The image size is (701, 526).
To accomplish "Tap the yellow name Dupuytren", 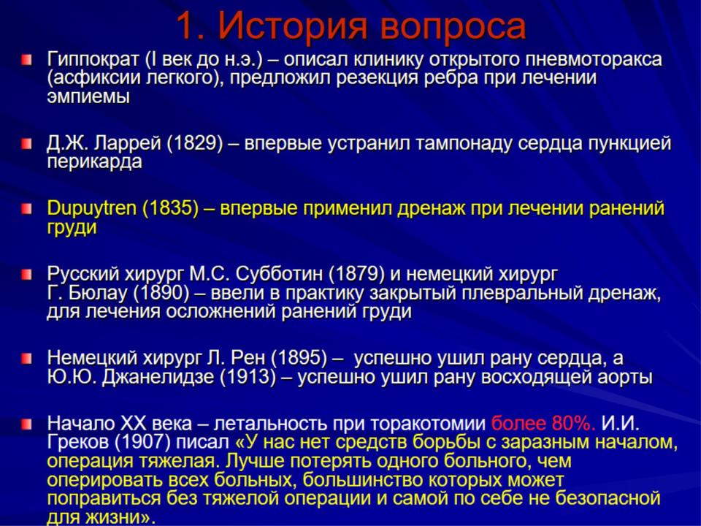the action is (x=92, y=208).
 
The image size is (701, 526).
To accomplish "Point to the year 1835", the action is (x=170, y=208).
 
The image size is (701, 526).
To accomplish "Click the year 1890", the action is (x=162, y=293).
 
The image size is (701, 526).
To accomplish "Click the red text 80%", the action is (x=574, y=423).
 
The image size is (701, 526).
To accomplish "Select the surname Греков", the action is (x=78, y=443).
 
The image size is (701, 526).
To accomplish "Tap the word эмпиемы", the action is (x=88, y=96).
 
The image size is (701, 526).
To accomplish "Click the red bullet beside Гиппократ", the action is (x=26, y=59).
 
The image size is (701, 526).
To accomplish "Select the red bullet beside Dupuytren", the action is (x=26, y=208).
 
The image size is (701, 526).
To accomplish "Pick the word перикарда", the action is (x=94, y=162).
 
